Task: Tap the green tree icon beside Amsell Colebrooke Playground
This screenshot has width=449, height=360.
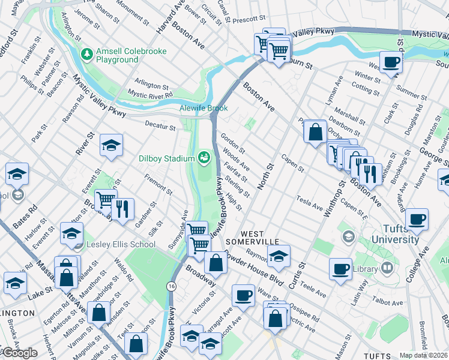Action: pyautogui.click(x=87, y=55)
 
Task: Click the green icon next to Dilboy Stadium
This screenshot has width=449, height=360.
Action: pyautogui.click(x=204, y=158)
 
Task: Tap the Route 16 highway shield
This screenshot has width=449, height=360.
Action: pyautogui.click(x=172, y=288)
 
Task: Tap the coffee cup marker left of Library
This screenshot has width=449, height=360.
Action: pyautogui.click(x=341, y=269)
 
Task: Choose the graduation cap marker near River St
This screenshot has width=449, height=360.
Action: pyautogui.click(x=111, y=145)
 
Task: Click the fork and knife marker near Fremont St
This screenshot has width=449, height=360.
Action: pyautogui.click(x=122, y=209)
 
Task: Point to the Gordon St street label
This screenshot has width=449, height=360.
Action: pyautogui.click(x=233, y=142)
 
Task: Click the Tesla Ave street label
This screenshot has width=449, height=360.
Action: pyautogui.click(x=309, y=202)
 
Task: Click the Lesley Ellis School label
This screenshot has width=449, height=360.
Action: pyautogui.click(x=120, y=244)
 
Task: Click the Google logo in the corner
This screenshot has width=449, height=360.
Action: pyautogui.click(x=19, y=352)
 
